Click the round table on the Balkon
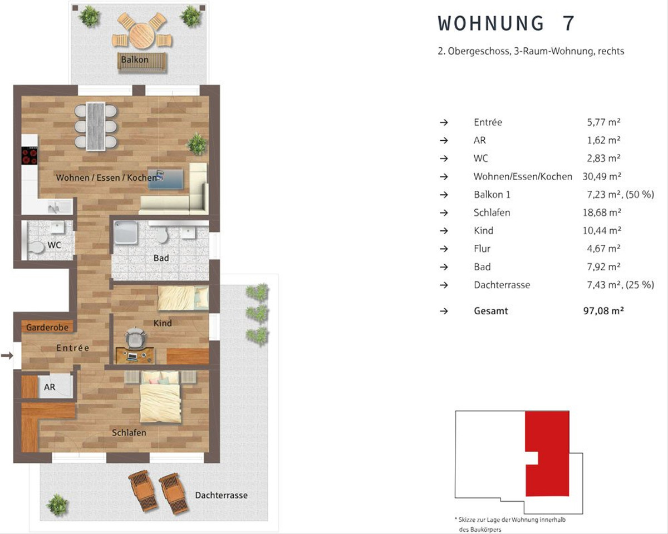141,36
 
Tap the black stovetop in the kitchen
30,155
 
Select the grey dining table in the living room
96,126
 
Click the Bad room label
161,258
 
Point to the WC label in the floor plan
54,245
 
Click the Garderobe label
47,327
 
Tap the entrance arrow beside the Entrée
7,355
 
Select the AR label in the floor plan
50,387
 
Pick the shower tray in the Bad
126,232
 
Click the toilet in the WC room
36,248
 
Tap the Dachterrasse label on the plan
222,495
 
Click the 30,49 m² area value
602,176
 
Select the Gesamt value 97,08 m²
603,311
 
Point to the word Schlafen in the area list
492,212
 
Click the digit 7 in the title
568,23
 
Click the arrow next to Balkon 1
444,195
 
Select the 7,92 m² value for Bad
603,267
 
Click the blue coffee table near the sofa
166,179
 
